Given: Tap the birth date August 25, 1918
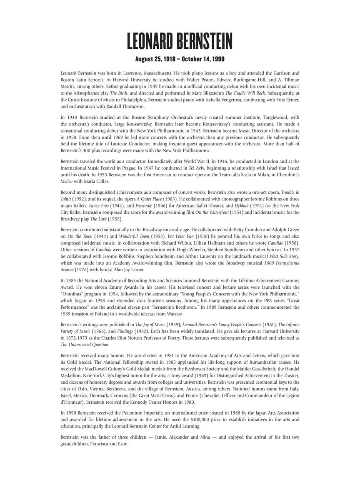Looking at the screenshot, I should point(157,59).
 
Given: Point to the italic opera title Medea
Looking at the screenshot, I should point(67,181).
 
